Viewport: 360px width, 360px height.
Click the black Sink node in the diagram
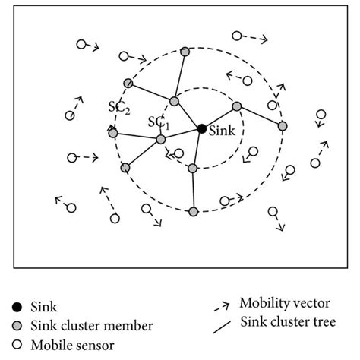click(201, 129)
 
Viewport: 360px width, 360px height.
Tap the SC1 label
click(158, 122)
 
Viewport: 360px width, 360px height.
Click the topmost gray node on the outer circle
click(185, 52)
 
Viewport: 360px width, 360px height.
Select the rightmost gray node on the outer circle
click(283, 125)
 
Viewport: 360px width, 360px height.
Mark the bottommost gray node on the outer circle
click(194, 211)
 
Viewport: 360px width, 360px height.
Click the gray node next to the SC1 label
click(161, 140)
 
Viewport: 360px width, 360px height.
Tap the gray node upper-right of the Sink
click(237, 106)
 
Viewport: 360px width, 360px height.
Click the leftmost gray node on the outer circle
click(113, 134)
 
